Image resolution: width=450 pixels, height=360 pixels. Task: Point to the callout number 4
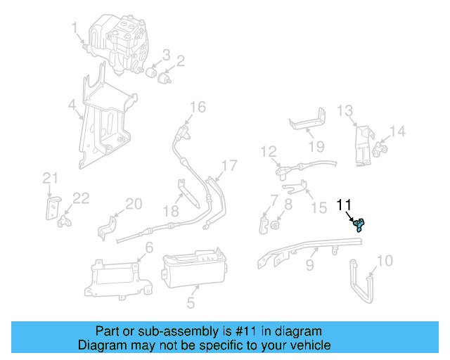[72, 107]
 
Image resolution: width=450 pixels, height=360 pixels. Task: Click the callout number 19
[316, 146]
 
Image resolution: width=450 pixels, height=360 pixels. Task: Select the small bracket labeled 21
[50, 208]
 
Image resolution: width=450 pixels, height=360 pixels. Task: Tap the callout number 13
[344, 110]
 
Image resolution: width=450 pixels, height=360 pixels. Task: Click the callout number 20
[134, 204]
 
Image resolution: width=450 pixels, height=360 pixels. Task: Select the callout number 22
[81, 198]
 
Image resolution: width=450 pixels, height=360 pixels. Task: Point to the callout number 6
[148, 247]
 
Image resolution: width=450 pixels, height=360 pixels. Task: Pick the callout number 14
[398, 131]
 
